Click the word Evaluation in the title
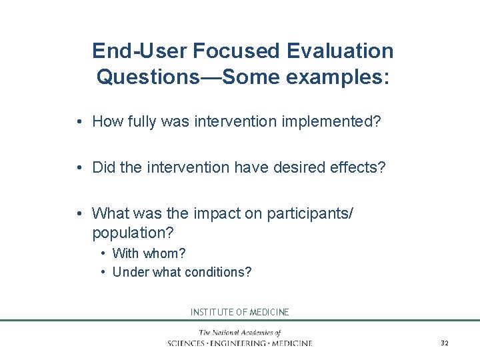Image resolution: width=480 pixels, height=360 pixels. pyautogui.click(x=341, y=51)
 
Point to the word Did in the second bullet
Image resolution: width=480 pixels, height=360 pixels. pyautogui.click(x=104, y=167)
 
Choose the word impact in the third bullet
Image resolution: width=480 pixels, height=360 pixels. pyautogui.click(x=215, y=213)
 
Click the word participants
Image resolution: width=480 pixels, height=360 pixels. pyautogui.click(x=310, y=213)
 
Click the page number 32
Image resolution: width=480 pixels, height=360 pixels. pyautogui.click(x=445, y=343)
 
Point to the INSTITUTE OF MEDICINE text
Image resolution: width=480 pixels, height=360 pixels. pyautogui.click(x=240, y=312)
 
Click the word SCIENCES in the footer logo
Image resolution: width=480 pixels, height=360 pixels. pyautogui.click(x=189, y=343)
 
